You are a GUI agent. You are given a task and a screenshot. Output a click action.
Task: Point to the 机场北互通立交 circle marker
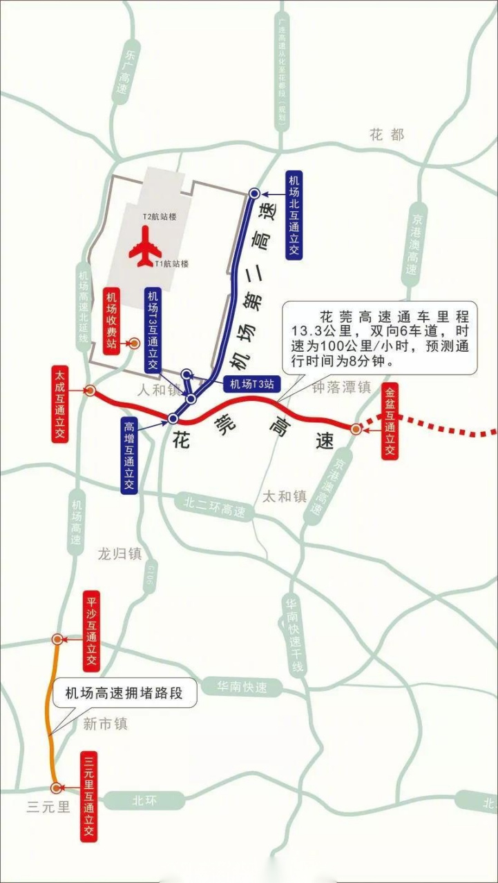(254, 194)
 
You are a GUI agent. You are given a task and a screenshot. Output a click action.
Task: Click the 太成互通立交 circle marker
(89, 390)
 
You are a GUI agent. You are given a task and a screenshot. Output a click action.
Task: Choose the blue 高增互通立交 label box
(128, 455)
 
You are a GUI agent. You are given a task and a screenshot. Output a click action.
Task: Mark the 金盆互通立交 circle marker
(356, 429)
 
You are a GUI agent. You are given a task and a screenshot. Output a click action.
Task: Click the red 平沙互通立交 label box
(90, 631)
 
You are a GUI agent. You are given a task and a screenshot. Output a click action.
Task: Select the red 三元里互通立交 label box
(88, 795)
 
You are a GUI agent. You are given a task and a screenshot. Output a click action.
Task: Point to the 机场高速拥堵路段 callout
(124, 693)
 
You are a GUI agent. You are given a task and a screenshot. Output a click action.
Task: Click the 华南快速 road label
(241, 688)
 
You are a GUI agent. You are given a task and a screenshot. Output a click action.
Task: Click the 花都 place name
(387, 135)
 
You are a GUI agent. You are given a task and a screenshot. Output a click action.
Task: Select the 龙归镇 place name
(119, 553)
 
